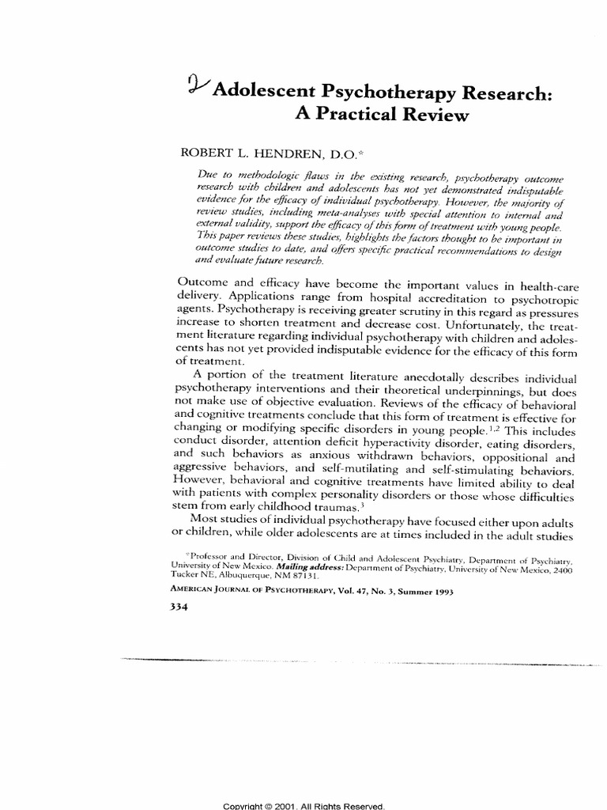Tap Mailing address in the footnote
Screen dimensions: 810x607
[311, 569]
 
